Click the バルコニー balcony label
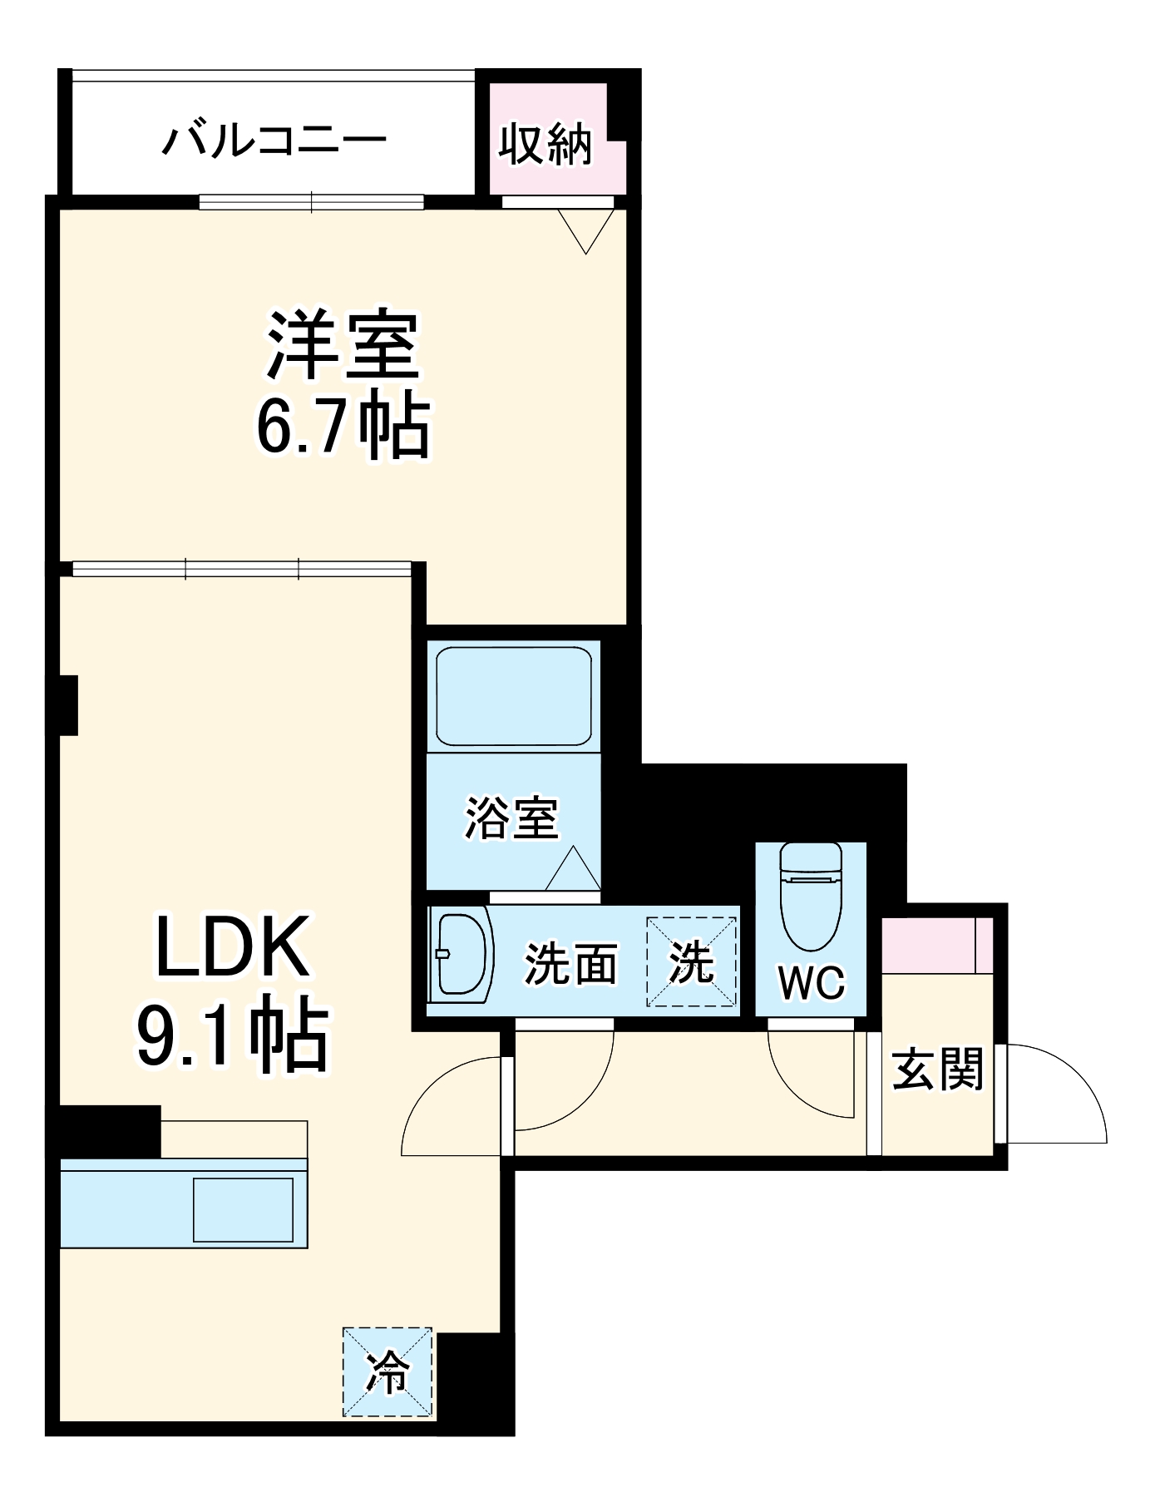(274, 140)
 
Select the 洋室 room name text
(343, 345)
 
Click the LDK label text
(233, 947)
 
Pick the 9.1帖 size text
(233, 1035)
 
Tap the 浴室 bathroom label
(511, 817)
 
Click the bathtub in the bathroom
(514, 696)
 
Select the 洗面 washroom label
(570, 965)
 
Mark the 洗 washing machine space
(692, 962)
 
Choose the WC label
(812, 983)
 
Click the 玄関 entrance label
(938, 1070)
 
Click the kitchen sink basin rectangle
(243, 1209)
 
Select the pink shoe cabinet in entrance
(936, 945)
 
